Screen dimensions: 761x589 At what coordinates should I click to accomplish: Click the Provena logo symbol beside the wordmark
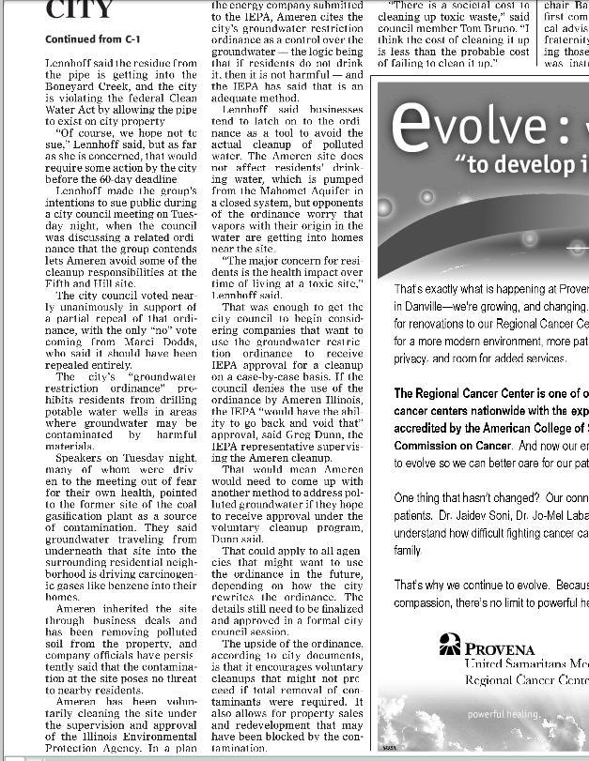tap(451, 645)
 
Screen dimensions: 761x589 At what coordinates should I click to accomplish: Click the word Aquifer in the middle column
tap(339, 189)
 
